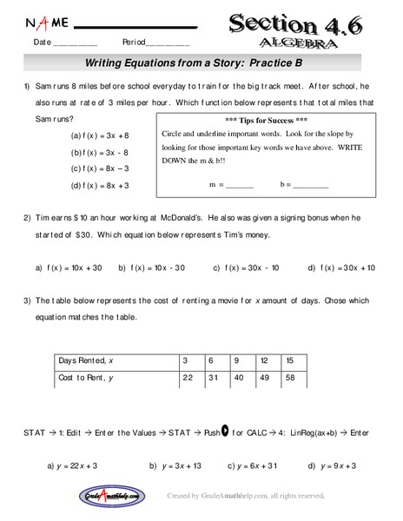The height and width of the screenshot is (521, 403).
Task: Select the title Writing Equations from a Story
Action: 201,64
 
